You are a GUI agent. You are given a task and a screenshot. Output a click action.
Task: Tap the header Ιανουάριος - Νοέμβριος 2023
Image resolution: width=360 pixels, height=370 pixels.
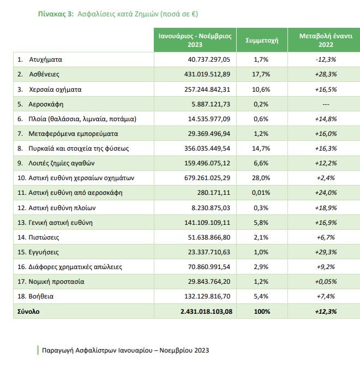tap(195, 40)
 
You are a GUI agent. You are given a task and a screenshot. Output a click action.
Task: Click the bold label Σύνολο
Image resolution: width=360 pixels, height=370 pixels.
tap(29, 311)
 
